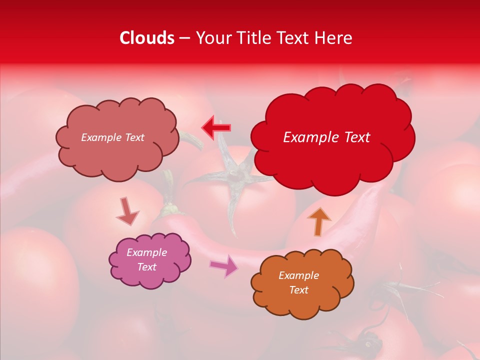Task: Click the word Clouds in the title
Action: [147, 38]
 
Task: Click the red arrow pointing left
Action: [216, 127]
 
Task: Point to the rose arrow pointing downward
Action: [127, 211]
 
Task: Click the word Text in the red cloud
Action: [356, 137]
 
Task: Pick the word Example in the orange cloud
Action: [298, 275]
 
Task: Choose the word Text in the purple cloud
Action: [146, 267]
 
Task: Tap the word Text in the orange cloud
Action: [298, 290]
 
